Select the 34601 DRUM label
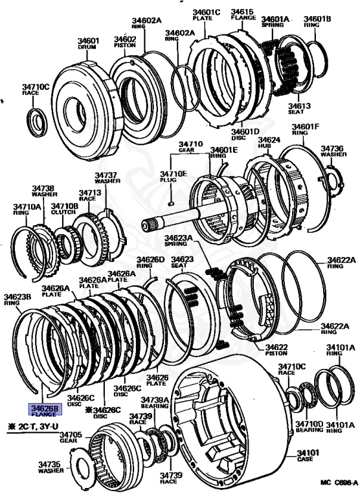pos(88,43)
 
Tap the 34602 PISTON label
pos(125,41)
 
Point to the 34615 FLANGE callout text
pos(243,14)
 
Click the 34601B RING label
pos(317,21)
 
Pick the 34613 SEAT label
pos(299,109)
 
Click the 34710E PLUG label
pos(174,176)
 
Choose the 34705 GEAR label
pos(71,437)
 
